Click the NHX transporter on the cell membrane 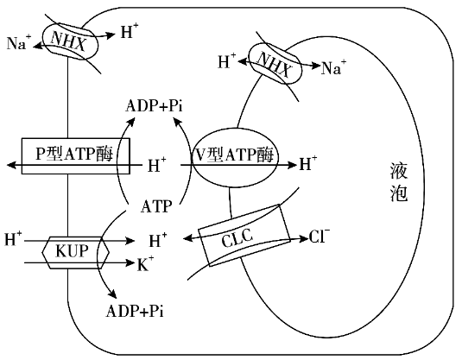pyautogui.click(x=70, y=40)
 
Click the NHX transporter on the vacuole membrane pyautogui.click(x=275, y=63)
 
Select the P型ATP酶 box pyautogui.click(x=76, y=156)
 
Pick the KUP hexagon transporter pyautogui.click(x=75, y=252)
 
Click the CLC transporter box pyautogui.click(x=244, y=235)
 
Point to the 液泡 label pyautogui.click(x=399, y=182)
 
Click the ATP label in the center pyautogui.click(x=156, y=206)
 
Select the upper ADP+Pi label pyautogui.click(x=154, y=106)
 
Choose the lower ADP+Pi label pyautogui.click(x=135, y=311)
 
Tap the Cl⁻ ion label pyautogui.click(x=320, y=236)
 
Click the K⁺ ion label pyautogui.click(x=146, y=263)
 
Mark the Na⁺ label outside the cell pyautogui.click(x=19, y=42)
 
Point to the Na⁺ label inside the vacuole pyautogui.click(x=333, y=67)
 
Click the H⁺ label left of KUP pyautogui.click(x=13, y=238)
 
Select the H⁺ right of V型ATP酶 pyautogui.click(x=308, y=164)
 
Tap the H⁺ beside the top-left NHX pyautogui.click(x=130, y=31)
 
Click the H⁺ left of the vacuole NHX pyautogui.click(x=227, y=61)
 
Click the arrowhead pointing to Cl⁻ pyautogui.click(x=304, y=238)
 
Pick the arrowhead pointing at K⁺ pyautogui.click(x=130, y=262)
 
